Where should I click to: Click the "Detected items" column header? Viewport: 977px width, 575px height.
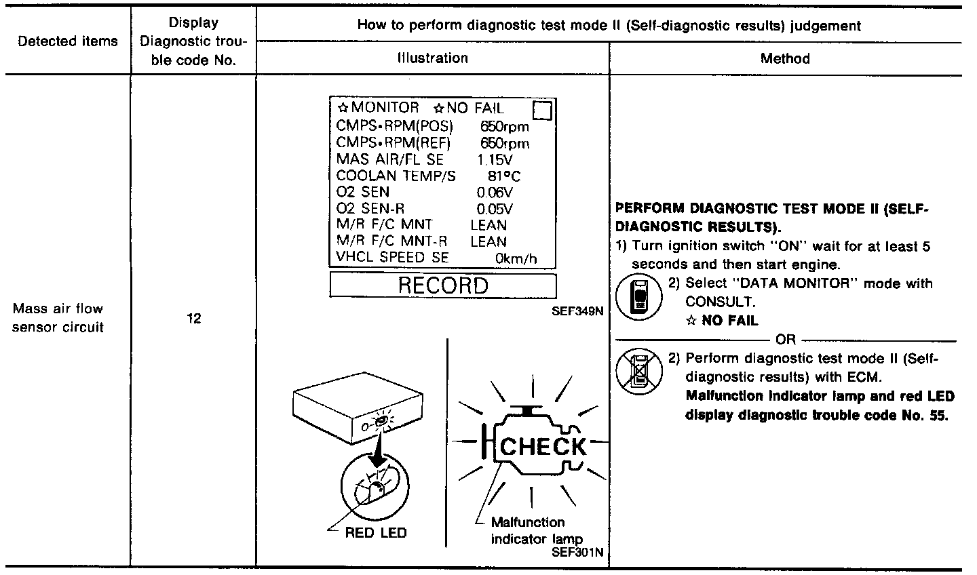[x=68, y=41]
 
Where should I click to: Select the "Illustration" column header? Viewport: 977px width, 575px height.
[x=433, y=58]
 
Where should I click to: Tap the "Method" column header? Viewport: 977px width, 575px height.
[x=785, y=58]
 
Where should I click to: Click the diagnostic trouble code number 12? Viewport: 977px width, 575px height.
[x=193, y=318]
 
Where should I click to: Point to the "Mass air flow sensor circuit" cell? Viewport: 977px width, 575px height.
[x=58, y=318]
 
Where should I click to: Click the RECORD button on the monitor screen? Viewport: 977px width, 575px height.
[x=442, y=285]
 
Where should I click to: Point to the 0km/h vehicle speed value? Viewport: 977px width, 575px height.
[x=515, y=258]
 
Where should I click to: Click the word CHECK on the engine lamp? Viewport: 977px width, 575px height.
[x=543, y=446]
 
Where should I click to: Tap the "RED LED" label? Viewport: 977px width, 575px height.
[x=376, y=532]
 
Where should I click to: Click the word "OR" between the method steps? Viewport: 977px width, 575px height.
[x=785, y=340]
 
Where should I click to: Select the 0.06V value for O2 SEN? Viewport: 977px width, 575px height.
[x=495, y=192]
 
